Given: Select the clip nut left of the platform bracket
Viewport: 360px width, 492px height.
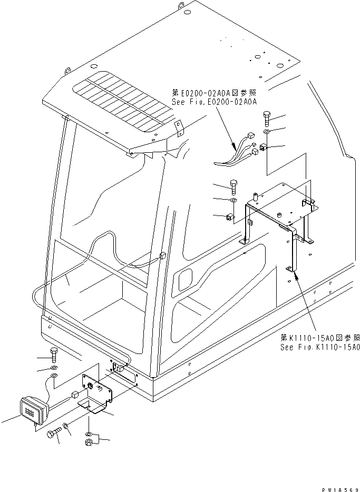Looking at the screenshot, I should pos(229,217).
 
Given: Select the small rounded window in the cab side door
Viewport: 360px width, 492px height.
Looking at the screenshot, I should pos(186,279).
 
